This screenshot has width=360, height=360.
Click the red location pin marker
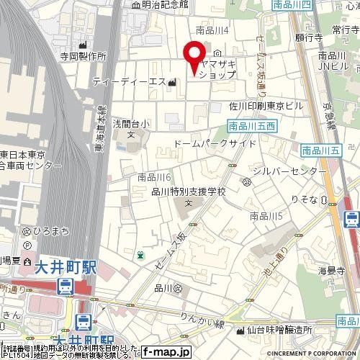(193, 57)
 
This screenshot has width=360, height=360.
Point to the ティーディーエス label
(130, 81)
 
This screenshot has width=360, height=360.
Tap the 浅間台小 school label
(130, 123)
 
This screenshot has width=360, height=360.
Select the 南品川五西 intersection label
(251, 126)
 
